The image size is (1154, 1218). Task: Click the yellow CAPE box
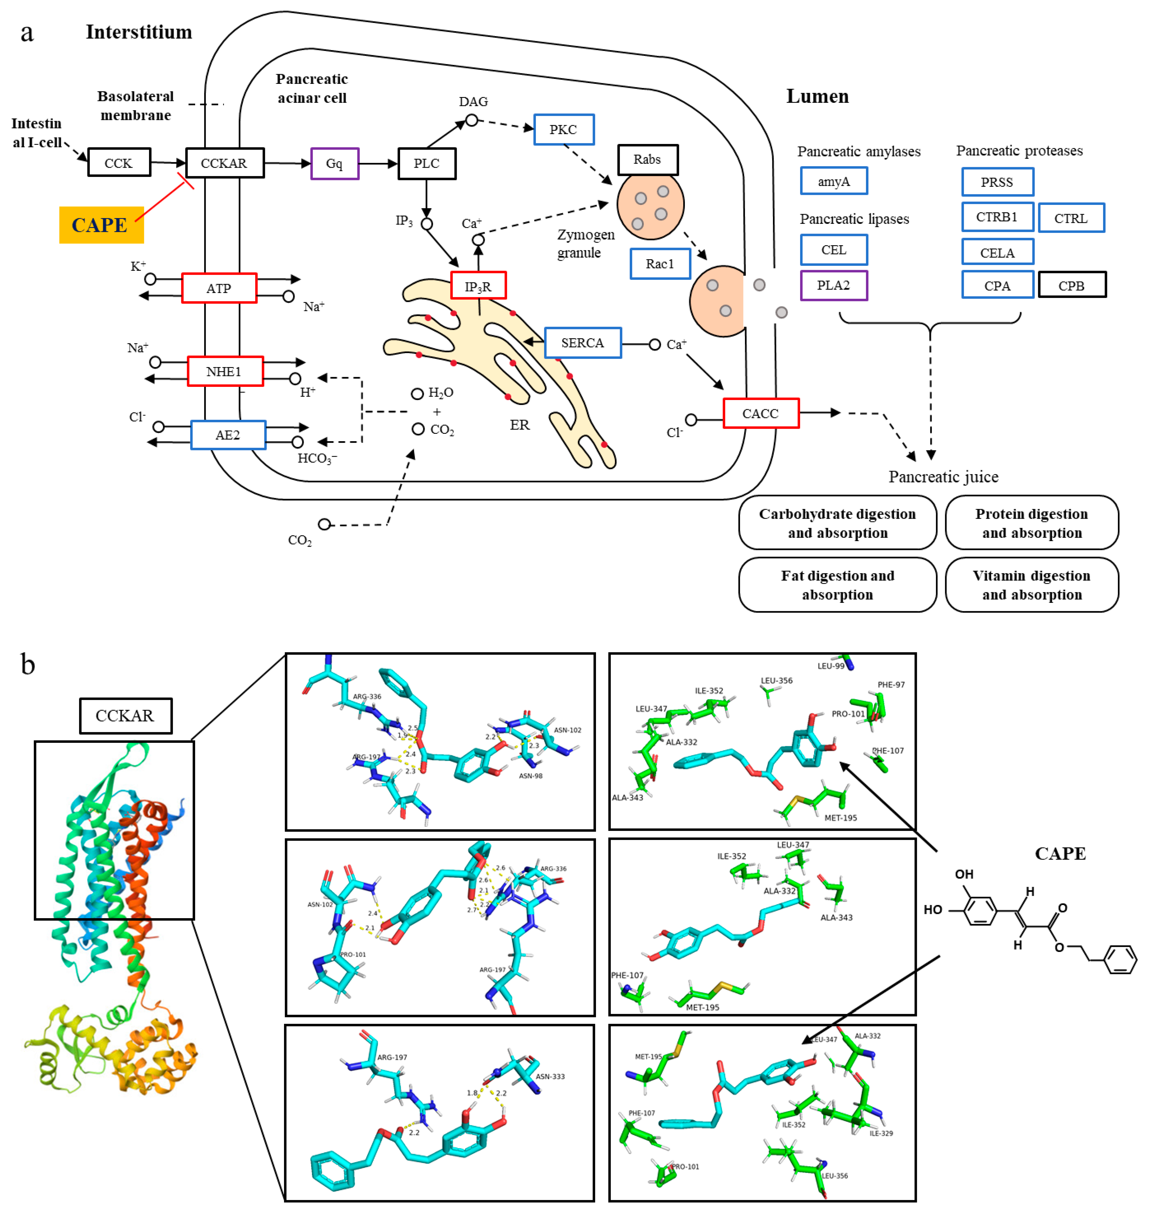tap(101, 225)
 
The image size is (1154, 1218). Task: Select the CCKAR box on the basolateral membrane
tap(224, 163)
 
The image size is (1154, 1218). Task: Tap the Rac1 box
tap(660, 264)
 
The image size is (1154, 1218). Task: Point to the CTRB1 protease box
tap(997, 217)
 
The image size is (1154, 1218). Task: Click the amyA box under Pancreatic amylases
tap(834, 181)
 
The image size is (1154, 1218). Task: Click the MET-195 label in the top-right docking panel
tap(840, 817)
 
